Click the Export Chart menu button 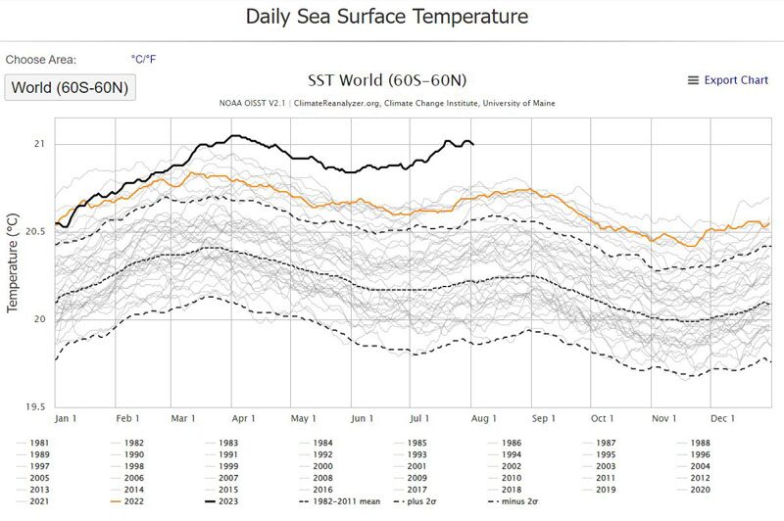pos(727,80)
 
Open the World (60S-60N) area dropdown pos(70,87)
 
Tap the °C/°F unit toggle pos(143,60)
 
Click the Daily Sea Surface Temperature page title pos(387,17)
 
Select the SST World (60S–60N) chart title pos(387,80)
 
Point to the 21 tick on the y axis pos(39,144)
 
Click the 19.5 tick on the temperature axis pos(35,406)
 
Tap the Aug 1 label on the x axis pos(483,418)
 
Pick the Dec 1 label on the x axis pos(722,418)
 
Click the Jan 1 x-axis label pos(66,418)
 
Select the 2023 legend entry pos(221,501)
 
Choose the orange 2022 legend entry pos(127,501)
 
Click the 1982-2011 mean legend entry pos(339,501)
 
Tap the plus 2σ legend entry pos(415,501)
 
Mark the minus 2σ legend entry pos(513,501)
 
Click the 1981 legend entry pos(33,443)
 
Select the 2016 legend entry pos(316,490)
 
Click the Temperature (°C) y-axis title pos(13,263)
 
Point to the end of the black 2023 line pos(473,145)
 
